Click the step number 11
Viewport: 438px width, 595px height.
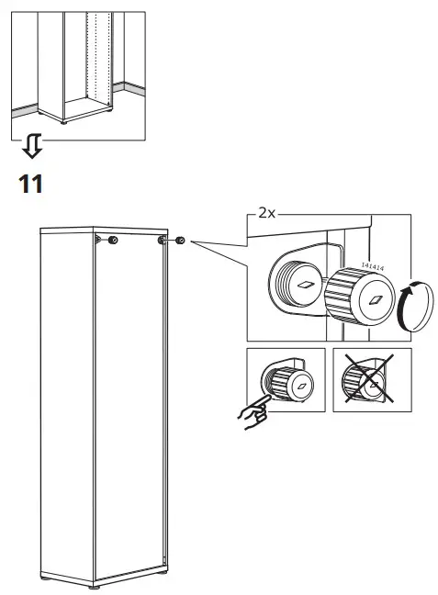pyautogui.click(x=30, y=183)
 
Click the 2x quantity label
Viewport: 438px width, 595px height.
pyautogui.click(x=266, y=212)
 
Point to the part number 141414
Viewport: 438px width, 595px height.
pyautogui.click(x=371, y=265)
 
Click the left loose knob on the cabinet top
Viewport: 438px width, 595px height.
pyautogui.click(x=112, y=241)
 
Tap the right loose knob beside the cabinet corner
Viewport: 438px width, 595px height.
pyautogui.click(x=179, y=241)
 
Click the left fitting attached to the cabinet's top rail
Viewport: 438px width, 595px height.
pyautogui.click(x=97, y=240)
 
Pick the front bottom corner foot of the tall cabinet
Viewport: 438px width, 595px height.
pyautogui.click(x=95, y=585)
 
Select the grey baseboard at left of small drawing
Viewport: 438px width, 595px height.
pyautogui.click(x=28, y=108)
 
